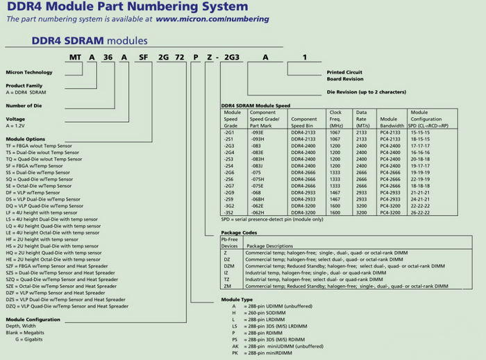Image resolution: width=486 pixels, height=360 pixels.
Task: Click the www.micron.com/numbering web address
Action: point(202,19)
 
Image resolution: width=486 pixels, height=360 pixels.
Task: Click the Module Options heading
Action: point(25,139)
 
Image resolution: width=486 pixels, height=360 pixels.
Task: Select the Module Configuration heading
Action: point(33,319)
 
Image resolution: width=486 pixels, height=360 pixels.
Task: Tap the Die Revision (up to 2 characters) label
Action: point(366,92)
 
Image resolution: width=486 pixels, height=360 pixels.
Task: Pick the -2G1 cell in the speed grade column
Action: point(230,132)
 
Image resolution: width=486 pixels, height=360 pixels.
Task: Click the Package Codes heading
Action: point(239,232)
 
